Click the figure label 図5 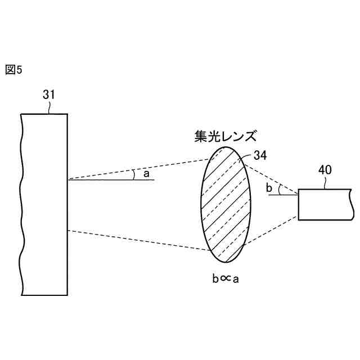click(13, 70)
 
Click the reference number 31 click(49, 95)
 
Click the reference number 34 click(260, 155)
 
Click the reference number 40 click(325, 169)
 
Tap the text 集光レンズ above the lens click(223, 136)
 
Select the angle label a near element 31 click(147, 174)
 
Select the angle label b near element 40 click(269, 187)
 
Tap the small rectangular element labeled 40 click(323, 205)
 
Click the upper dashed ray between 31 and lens click(135, 170)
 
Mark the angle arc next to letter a click(134, 175)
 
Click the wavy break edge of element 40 click(351, 205)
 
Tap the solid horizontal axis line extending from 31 click(107, 180)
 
